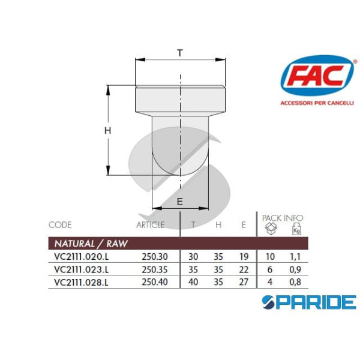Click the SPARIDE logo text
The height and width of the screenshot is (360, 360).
point(310,302)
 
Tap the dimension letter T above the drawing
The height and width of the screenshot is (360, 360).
point(180,53)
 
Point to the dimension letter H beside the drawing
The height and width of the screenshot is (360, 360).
point(108,130)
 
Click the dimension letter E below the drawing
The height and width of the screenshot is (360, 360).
point(180,202)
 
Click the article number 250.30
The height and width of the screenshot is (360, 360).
point(153,256)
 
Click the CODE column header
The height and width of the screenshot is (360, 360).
point(60,225)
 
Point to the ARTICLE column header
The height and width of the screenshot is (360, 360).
point(150,225)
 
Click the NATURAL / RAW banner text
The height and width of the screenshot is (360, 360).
point(91,244)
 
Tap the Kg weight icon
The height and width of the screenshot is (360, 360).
point(296,230)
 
